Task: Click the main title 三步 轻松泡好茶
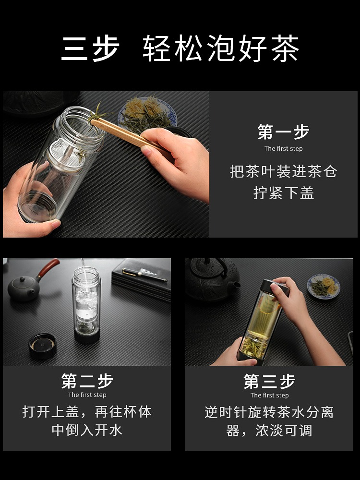(180, 48)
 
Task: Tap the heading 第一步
(283, 132)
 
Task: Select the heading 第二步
(87, 381)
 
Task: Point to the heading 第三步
(269, 381)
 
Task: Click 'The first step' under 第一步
(284, 149)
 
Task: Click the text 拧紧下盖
(284, 193)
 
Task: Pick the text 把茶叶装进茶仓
(284, 171)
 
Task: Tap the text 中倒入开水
(87, 430)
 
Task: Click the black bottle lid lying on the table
(43, 346)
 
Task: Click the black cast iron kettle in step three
(213, 278)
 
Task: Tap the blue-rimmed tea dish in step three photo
(324, 286)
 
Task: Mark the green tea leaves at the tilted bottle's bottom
(254, 347)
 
